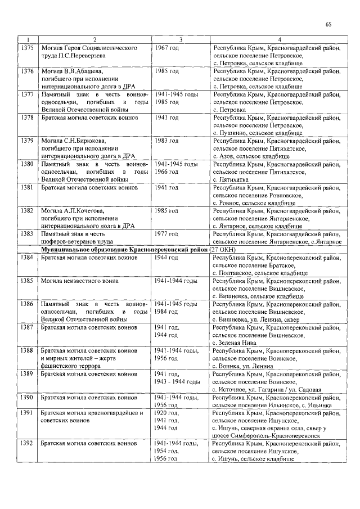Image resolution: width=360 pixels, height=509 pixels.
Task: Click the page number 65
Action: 329,24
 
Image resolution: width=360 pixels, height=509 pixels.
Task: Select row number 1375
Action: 28,48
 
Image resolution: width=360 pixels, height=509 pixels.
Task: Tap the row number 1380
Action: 28,164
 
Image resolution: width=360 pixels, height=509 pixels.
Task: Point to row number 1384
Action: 28,257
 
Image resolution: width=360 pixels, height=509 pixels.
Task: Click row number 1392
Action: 28,443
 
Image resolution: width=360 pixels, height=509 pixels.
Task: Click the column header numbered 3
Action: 181,39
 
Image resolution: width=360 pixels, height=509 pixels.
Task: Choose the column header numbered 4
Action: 280,39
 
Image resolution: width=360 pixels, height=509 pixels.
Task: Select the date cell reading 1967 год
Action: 167,48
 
